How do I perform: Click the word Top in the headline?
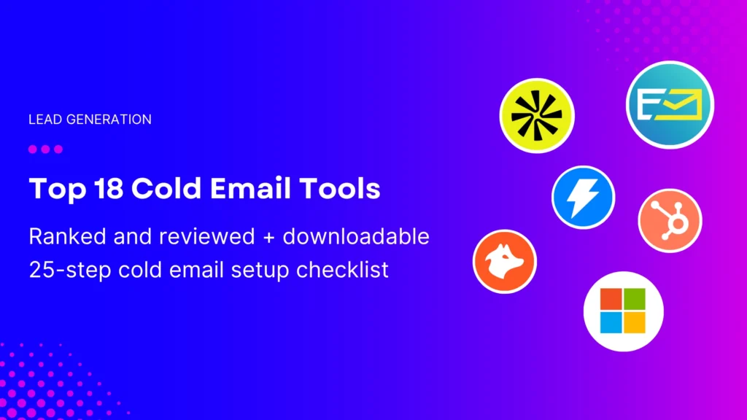pos(53,189)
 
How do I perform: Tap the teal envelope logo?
pos(670,104)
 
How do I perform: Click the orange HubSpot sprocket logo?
pos(669,220)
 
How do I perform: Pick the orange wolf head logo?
pos(504,261)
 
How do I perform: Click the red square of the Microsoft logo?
pos(611,300)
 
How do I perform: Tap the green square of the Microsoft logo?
pos(635,300)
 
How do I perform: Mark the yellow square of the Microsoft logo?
pos(635,322)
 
